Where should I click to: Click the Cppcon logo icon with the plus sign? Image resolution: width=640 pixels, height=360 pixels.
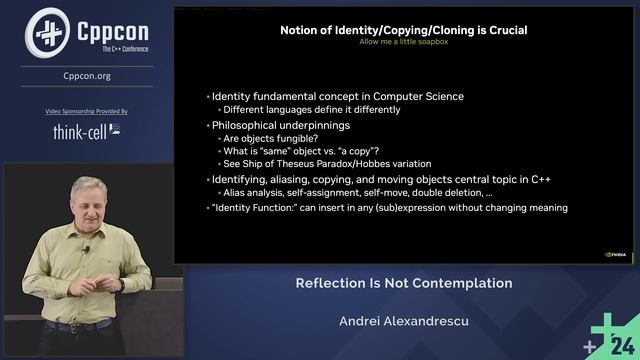(x=45, y=31)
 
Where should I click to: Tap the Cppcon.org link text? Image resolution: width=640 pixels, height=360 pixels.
(x=86, y=74)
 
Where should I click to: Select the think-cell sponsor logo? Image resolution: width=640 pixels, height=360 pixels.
(x=86, y=131)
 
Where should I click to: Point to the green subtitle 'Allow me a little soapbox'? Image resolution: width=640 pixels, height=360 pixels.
(x=402, y=42)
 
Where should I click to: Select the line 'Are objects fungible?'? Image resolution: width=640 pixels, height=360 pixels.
(x=267, y=138)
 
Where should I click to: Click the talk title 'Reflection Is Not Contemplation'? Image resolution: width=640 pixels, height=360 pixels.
(x=403, y=283)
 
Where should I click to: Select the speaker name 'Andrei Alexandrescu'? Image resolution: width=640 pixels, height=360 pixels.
(x=403, y=322)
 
